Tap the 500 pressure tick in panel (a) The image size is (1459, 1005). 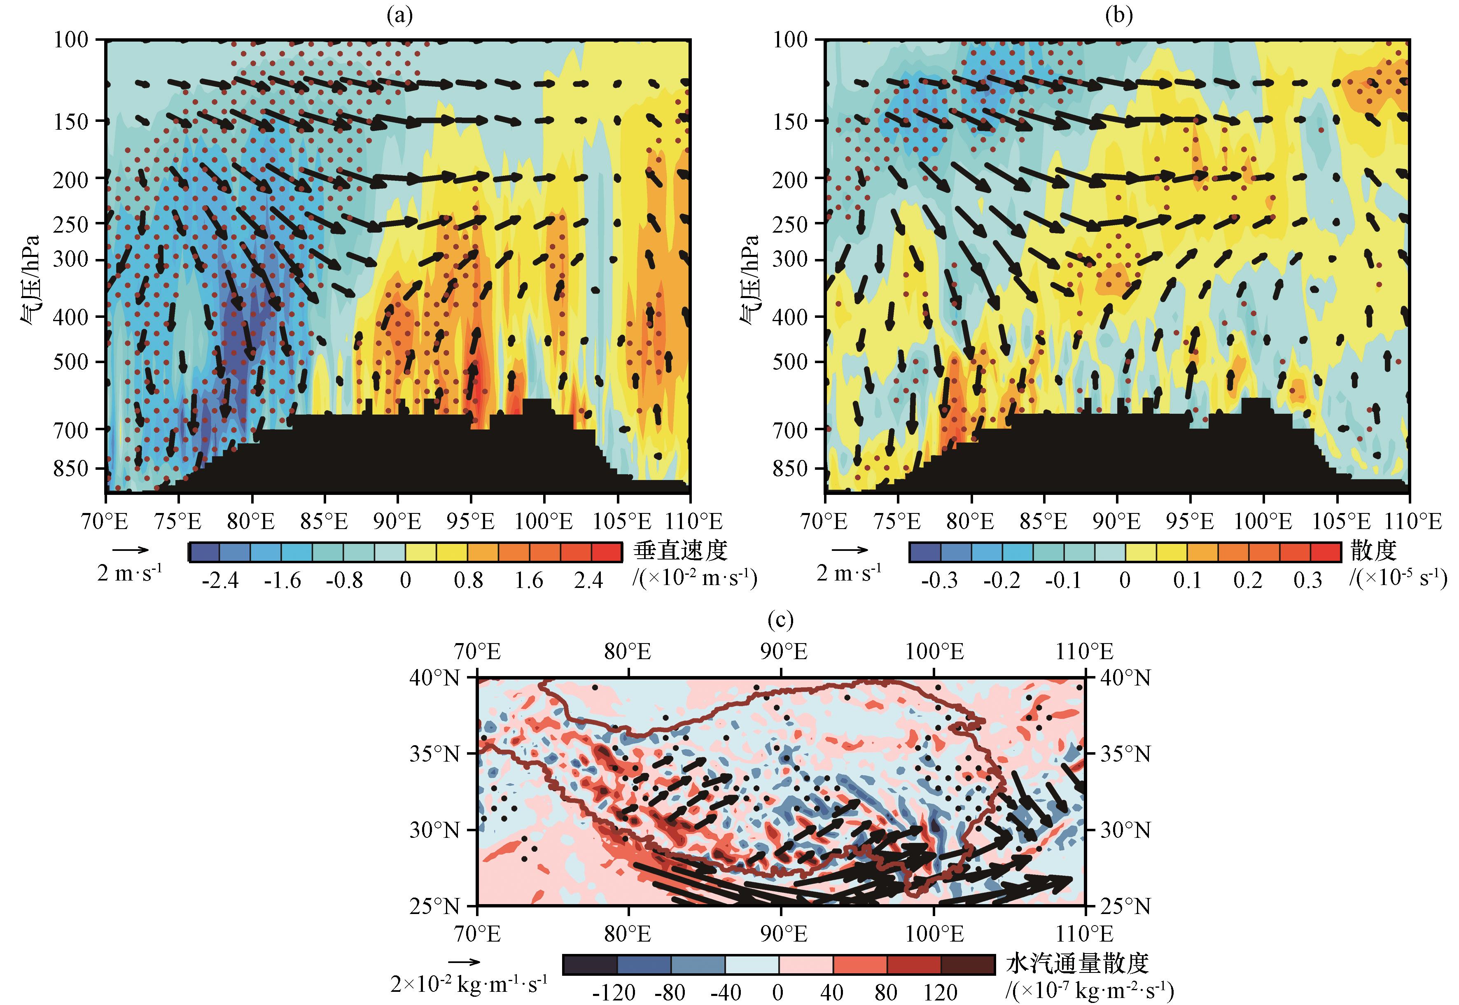pos(70,362)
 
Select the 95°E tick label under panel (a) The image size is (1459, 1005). pos(470,521)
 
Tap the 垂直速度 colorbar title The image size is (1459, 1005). pos(680,550)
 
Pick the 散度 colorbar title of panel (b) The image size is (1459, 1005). pos(1373,550)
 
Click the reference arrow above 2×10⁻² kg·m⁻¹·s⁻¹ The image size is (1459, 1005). pos(465,961)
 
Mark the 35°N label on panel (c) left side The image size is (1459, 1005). pos(434,754)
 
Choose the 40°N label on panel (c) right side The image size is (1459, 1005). pos(1125,678)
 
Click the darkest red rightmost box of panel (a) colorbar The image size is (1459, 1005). pos(607,552)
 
